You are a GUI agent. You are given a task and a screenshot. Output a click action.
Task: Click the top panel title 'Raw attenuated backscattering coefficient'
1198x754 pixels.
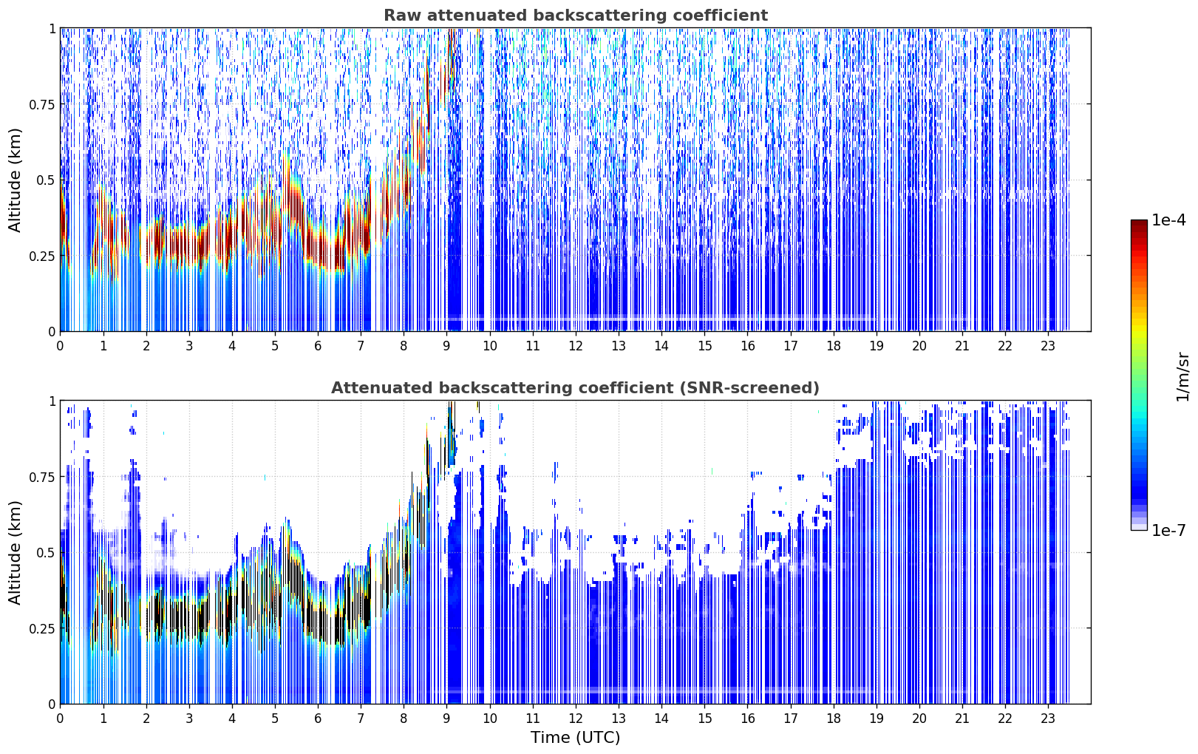tap(576, 15)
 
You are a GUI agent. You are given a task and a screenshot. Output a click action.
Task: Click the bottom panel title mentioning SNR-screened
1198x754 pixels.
tap(575, 387)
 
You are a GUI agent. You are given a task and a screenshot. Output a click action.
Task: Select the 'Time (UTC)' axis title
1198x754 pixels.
tap(576, 738)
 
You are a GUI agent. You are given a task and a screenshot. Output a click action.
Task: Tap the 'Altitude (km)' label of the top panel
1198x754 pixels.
tap(15, 180)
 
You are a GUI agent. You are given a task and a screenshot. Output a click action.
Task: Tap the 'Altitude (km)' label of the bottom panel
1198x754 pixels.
tap(15, 552)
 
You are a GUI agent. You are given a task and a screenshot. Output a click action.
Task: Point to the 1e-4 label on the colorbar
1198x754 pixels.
tap(1168, 220)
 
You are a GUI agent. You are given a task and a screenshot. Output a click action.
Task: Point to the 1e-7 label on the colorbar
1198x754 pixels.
tap(1168, 531)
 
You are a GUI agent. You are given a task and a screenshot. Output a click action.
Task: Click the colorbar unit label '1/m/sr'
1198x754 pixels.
tap(1182, 376)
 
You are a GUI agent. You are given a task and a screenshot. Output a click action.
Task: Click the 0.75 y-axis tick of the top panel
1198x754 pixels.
tap(42, 104)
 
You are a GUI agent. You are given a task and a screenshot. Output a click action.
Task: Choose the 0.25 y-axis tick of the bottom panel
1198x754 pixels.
tap(42, 628)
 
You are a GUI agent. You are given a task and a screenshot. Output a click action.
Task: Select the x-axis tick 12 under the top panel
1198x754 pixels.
tap(576, 346)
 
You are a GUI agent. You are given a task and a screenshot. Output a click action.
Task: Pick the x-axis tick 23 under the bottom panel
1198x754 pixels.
tap(1048, 719)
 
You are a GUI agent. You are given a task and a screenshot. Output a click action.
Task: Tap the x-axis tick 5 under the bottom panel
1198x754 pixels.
tap(275, 719)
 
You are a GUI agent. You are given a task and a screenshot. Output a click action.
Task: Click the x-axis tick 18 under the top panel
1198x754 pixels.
tap(833, 346)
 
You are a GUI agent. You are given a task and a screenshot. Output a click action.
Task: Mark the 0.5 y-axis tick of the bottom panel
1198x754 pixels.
tap(46, 552)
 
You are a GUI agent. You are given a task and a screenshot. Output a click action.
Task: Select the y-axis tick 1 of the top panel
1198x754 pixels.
tap(52, 28)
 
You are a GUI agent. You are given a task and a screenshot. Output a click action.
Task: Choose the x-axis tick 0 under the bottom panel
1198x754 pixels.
tap(60, 719)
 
